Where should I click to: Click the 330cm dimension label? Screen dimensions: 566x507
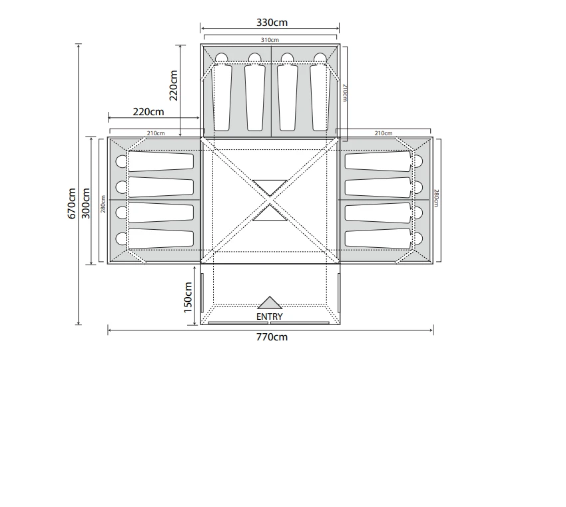point(272,23)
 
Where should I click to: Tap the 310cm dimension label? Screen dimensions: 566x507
point(270,40)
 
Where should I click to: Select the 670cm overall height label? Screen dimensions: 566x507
point(71,203)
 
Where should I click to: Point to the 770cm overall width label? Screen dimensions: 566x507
point(272,337)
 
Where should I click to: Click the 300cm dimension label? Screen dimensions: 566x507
point(86,203)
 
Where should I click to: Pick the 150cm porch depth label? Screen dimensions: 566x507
point(188,298)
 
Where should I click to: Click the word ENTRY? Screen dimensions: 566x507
point(269,316)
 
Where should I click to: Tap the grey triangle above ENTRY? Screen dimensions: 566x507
point(270,303)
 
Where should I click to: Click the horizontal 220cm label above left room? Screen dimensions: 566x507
point(148,112)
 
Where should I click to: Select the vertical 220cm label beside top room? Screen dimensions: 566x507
point(174,85)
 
